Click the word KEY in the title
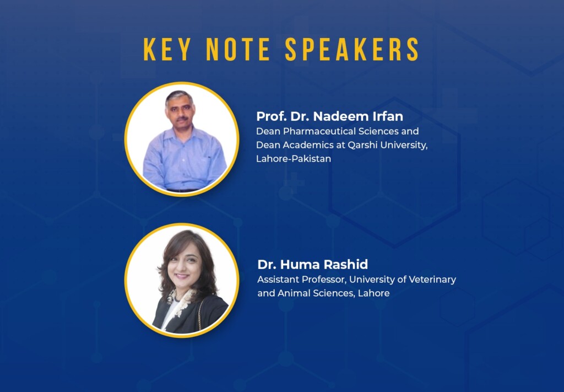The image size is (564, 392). [167, 49]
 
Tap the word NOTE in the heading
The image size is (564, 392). [238, 49]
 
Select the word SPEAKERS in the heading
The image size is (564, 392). [352, 49]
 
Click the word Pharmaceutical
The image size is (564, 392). [314, 131]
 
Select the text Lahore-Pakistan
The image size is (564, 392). [294, 159]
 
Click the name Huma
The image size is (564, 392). [300, 265]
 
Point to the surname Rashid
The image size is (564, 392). [346, 265]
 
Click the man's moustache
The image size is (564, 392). [181, 117]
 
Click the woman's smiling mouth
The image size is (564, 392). [182, 276]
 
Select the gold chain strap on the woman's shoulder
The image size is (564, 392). [200, 313]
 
